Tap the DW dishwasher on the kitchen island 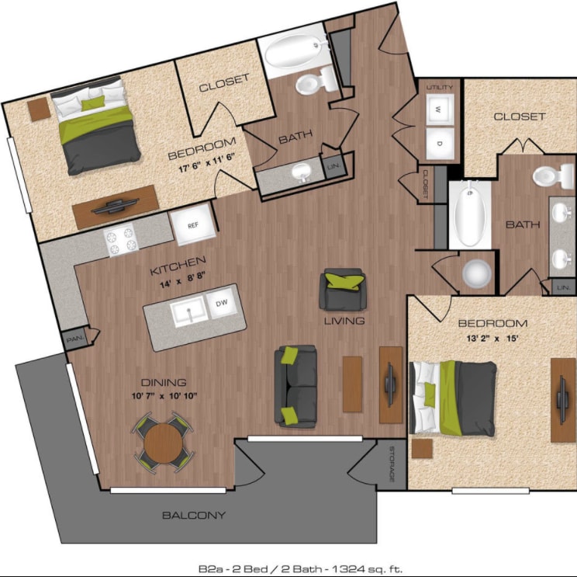tap(221, 304)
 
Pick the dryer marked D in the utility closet tap(440, 143)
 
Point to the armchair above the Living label tap(344, 289)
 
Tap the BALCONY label tap(194, 515)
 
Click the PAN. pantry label tap(74, 339)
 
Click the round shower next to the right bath tap(476, 274)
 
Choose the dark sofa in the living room tap(295, 386)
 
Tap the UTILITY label tap(439, 88)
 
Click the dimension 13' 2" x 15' tap(492, 339)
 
